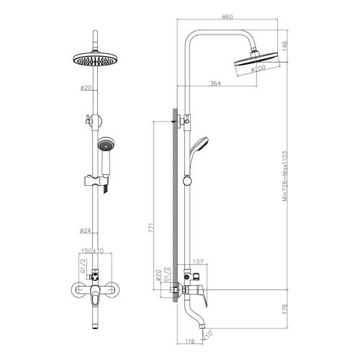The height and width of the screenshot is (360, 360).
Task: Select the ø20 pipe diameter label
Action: click(x=87, y=89)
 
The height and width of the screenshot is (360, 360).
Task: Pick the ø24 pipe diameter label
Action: click(x=87, y=232)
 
